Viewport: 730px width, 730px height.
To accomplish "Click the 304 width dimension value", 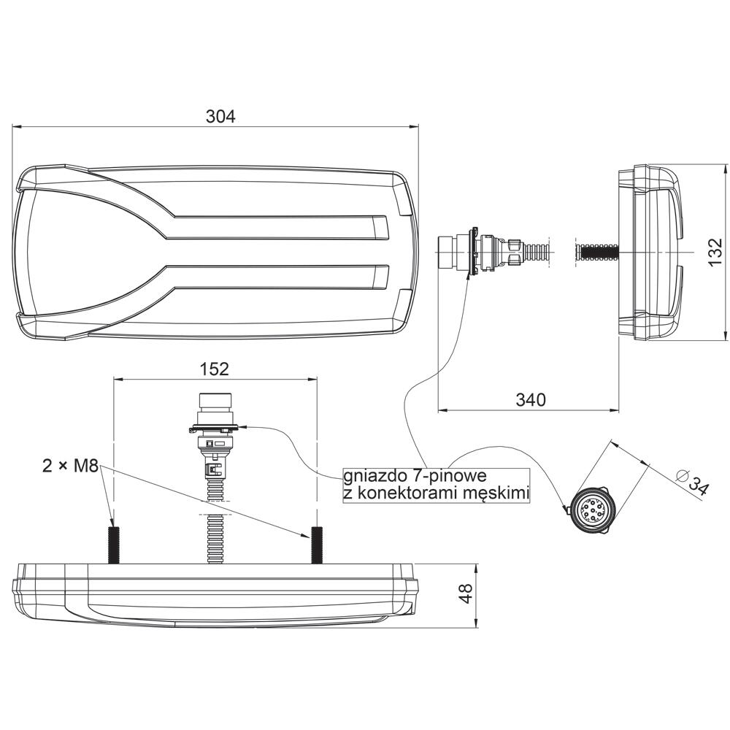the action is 220,116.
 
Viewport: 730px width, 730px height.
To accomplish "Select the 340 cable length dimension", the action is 531,399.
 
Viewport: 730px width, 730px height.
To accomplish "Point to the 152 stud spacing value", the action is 215,369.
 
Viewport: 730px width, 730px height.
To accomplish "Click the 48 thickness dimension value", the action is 466,593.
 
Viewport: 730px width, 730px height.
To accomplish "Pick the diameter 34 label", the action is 693,483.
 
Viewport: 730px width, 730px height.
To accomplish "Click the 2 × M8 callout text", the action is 70,466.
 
